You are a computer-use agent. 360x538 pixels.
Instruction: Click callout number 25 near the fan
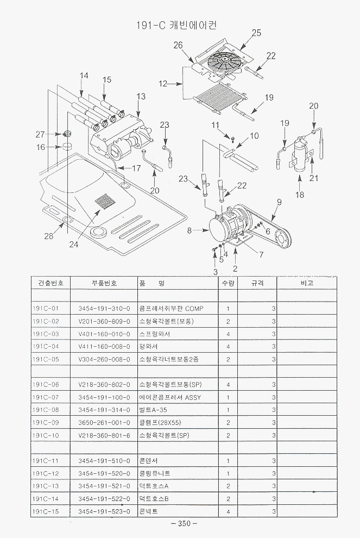tap(256, 33)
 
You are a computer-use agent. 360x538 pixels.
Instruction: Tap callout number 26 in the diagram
tap(178, 45)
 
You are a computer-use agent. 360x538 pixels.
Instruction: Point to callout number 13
tap(141, 96)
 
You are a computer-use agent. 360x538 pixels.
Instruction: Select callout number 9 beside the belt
tap(279, 203)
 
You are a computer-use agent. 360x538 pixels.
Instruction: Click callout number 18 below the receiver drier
tap(300, 195)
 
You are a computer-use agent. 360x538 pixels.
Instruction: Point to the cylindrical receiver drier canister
tap(300, 154)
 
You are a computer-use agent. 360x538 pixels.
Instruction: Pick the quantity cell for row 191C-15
tap(228, 511)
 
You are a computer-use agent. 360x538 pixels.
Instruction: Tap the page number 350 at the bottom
tap(184, 524)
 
